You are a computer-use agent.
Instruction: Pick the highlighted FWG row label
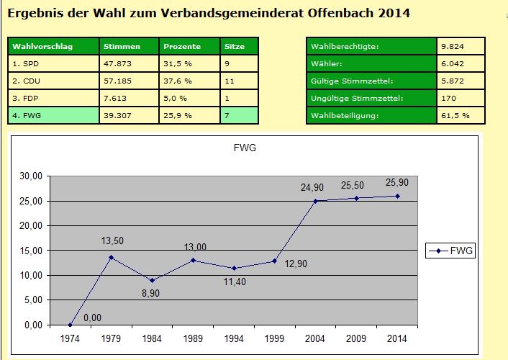click(28, 115)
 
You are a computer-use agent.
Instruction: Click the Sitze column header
click(235, 46)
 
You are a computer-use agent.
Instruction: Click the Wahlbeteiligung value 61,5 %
click(457, 115)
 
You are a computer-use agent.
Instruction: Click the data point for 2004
click(315, 201)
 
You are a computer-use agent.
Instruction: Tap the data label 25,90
click(399, 183)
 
